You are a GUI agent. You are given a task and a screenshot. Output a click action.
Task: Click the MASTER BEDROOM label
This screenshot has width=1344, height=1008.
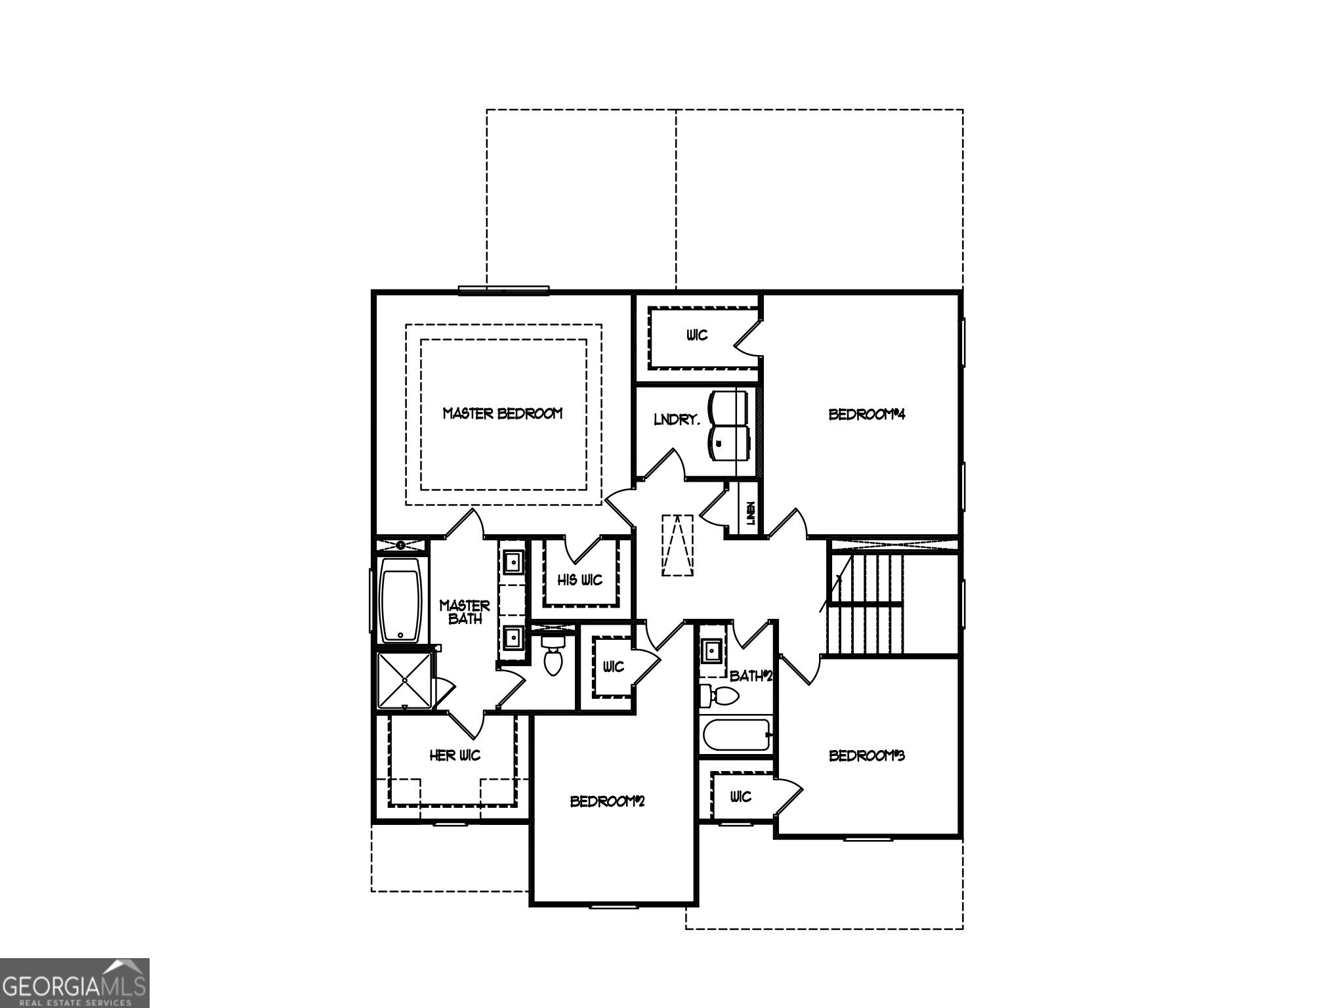click(503, 413)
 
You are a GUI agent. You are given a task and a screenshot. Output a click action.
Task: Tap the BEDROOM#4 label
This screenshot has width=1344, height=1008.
click(867, 414)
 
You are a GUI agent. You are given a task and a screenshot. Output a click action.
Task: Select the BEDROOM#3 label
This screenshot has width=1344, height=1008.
click(867, 755)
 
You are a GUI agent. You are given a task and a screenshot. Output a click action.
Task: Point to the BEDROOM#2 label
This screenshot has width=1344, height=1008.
click(608, 801)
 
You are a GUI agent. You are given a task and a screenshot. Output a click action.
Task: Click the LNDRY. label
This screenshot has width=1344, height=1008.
click(677, 419)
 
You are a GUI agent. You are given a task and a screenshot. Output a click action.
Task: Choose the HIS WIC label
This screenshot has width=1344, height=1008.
click(580, 580)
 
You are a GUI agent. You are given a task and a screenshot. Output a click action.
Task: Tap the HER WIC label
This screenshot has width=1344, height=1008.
click(455, 755)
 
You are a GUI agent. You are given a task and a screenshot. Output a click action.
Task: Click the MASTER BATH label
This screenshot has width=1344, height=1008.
click(465, 612)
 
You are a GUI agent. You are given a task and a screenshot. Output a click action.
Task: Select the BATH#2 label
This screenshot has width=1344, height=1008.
click(751, 675)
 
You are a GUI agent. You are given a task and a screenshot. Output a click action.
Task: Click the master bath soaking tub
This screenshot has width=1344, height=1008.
click(400, 600)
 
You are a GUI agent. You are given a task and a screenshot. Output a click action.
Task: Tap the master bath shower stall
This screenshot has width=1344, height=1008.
click(405, 681)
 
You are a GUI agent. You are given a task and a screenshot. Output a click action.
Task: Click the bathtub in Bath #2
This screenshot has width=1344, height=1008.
click(736, 736)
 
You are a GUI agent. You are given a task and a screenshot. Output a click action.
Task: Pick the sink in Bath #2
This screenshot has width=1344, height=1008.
click(711, 652)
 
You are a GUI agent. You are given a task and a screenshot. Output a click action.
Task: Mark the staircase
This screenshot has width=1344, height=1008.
click(865, 604)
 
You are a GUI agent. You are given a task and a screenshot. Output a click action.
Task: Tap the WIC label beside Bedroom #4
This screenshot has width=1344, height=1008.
click(698, 335)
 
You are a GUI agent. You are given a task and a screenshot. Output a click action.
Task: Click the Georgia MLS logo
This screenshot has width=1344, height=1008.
click(74, 983)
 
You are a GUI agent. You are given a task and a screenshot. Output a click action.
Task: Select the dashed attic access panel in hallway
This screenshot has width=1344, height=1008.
click(678, 545)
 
